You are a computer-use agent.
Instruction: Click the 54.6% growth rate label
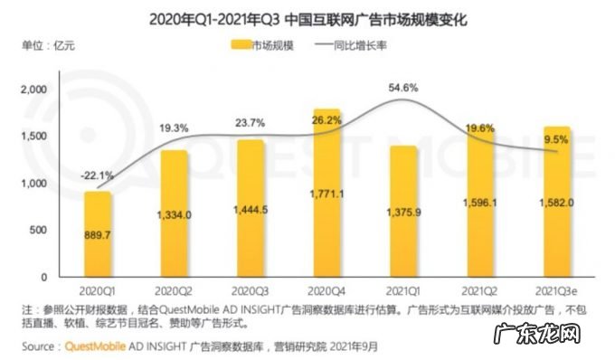coord(403,88)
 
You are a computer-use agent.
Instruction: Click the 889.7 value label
coord(99,233)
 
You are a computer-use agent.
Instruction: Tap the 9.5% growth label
coord(557,138)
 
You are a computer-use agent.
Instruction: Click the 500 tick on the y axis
coord(37,230)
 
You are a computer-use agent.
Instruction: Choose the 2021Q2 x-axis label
coord(480,291)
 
